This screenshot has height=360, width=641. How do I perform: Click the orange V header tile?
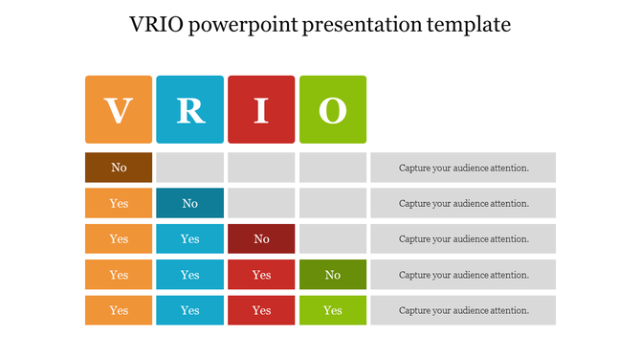coord(119,110)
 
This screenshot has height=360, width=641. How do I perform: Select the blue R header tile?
coord(190,110)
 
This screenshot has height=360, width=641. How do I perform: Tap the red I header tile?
coord(261,110)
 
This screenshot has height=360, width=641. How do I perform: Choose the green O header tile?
coord(333,110)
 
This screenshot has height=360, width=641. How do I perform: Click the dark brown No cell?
coord(119,168)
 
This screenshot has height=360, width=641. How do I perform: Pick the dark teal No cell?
coord(190,203)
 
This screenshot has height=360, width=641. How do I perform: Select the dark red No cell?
coord(261,238)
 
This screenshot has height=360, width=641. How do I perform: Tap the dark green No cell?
coord(333,275)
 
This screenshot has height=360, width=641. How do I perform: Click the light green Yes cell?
coord(333,310)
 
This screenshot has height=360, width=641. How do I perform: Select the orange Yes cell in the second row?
coord(119,203)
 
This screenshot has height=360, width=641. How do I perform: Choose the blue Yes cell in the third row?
coord(190,238)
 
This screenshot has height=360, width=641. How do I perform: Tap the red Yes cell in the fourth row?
coord(261,275)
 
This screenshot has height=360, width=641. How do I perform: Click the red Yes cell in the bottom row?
coord(261,310)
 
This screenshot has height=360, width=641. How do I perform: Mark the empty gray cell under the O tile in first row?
coord(333,168)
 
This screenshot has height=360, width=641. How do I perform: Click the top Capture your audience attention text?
coord(463,168)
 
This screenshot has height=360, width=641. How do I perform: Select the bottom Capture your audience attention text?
coord(463,310)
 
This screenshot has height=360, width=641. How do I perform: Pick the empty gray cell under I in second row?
coord(261,203)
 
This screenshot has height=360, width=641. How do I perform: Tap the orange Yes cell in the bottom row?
coord(119,310)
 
